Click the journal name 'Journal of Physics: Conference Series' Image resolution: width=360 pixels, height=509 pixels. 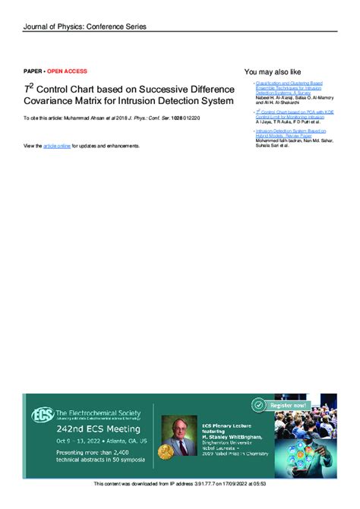pos(84,27)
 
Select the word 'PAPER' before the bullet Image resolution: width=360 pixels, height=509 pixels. pos(33,71)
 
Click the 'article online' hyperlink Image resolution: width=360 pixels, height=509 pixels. pos(56,145)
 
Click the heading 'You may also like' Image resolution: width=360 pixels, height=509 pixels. pos(273,71)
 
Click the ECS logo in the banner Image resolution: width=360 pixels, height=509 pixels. pos(42,416)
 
